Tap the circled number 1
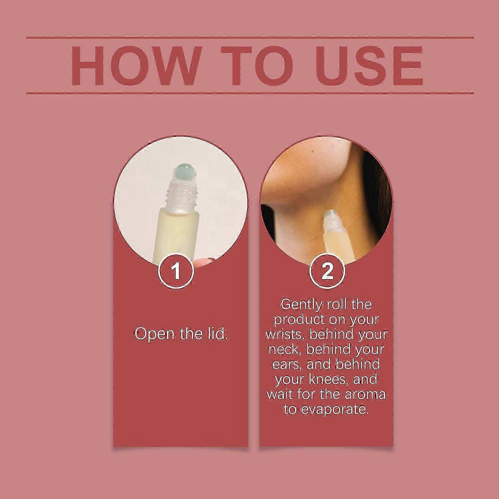click(177, 271)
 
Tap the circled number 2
click(327, 271)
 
